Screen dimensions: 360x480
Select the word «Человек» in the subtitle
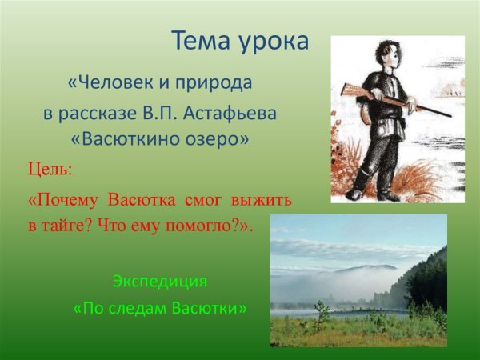112,83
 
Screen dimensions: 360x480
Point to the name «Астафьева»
231,113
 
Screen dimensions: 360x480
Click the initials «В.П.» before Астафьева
162,113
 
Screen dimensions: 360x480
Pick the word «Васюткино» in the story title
130,139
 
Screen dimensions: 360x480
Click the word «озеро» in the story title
218,139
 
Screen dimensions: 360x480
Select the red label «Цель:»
50,170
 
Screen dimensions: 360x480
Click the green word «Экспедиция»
159,282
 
